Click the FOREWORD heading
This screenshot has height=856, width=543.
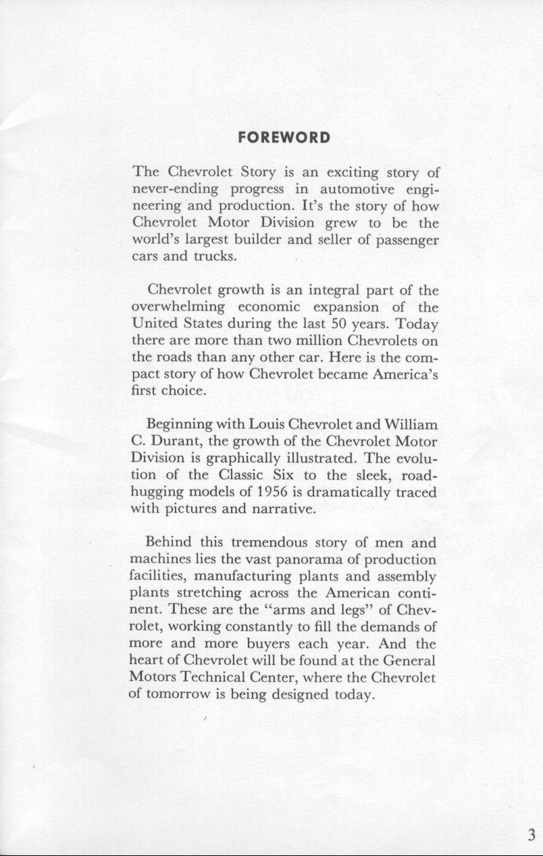(284, 138)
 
